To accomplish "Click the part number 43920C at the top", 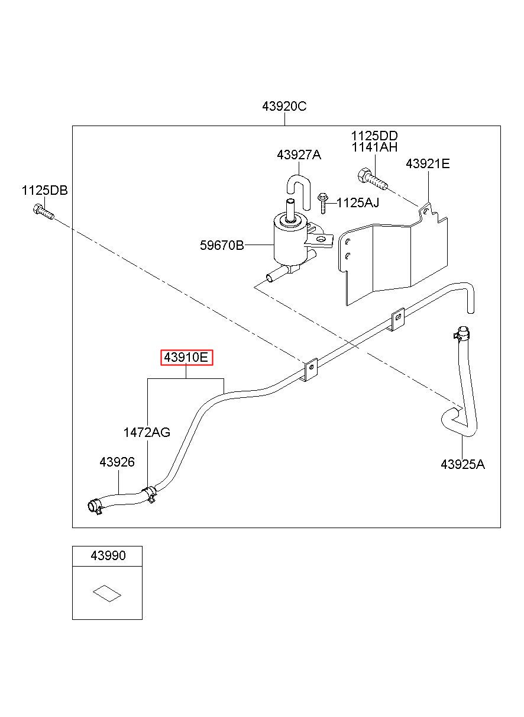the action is (284, 106).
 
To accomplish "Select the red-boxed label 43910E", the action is (186, 358).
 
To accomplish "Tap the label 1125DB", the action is (45, 191).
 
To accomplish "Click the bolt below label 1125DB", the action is (44, 211).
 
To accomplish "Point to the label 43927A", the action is (299, 155).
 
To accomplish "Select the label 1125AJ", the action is (358, 202).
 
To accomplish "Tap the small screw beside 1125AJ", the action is (322, 203).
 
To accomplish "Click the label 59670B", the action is (222, 246).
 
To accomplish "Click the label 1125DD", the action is (374, 136).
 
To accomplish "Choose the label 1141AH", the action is (374, 147).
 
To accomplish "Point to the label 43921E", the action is (428, 164).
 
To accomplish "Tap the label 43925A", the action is (462, 464).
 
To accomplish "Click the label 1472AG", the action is (147, 432).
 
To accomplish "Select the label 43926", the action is (117, 462).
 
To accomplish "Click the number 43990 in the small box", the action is (108, 555).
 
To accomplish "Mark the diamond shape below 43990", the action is (107, 593).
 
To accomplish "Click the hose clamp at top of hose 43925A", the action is (462, 334).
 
